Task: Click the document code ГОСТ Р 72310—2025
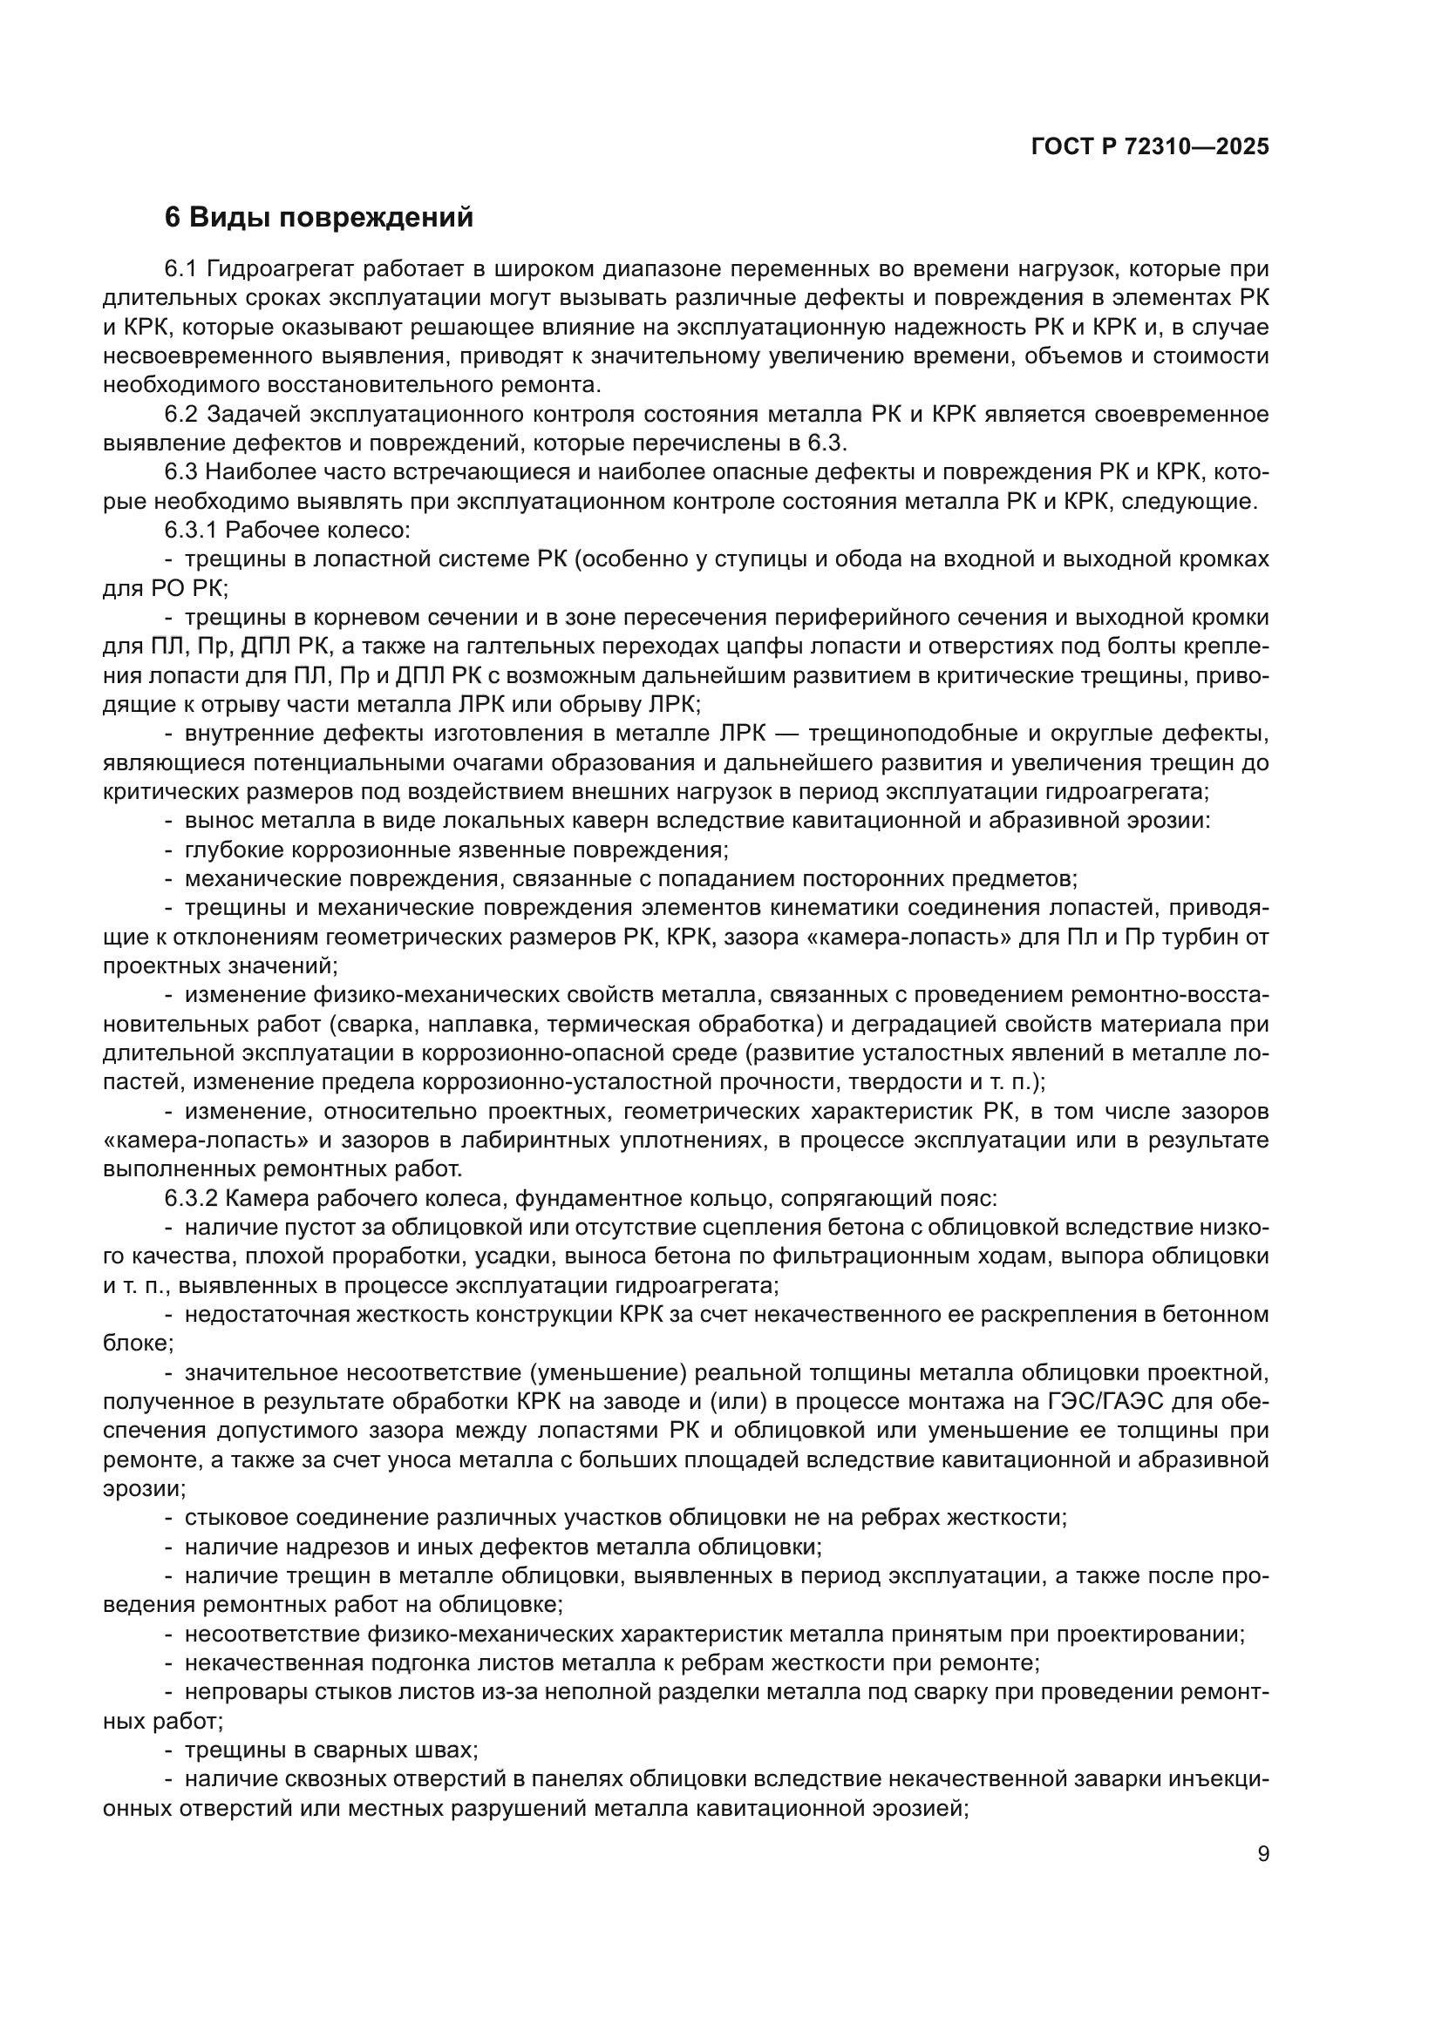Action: point(1150,147)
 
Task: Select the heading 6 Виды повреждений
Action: point(319,218)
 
